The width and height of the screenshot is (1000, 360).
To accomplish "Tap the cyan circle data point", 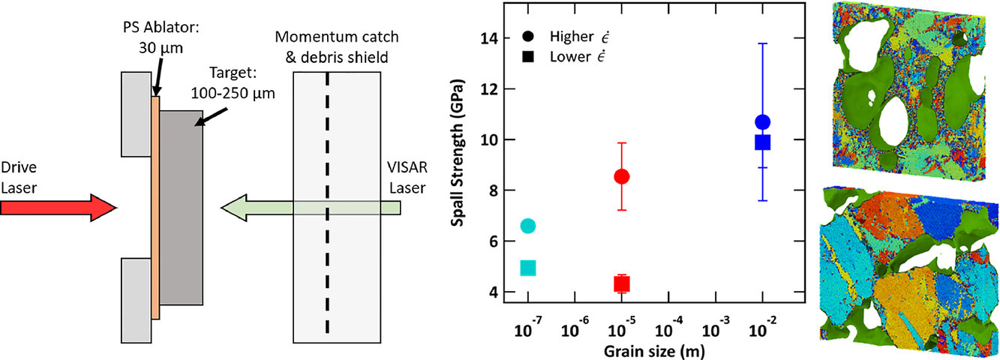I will (527, 226).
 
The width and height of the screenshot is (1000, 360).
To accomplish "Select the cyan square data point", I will (527, 268).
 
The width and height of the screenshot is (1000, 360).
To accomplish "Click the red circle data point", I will (621, 176).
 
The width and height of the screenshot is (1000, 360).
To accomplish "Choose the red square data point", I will (621, 283).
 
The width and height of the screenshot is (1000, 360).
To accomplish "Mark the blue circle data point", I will (763, 122).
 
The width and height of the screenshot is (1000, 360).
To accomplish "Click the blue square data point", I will (763, 142).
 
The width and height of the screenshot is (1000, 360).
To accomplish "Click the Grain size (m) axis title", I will (645, 350).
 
